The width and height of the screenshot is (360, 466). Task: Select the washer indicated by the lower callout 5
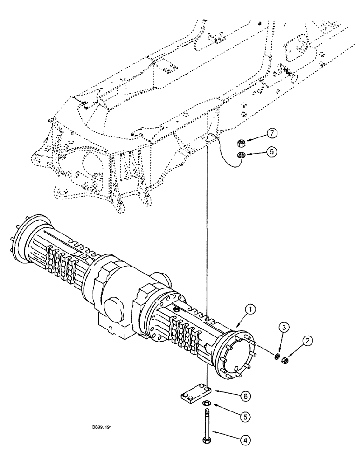click(x=206, y=404)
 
